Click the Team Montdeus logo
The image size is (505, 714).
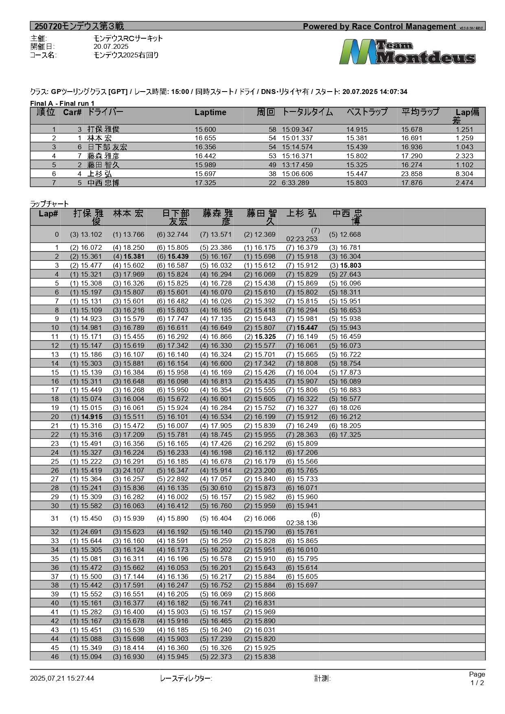[x=407, y=52]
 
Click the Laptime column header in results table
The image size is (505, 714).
[x=210, y=113]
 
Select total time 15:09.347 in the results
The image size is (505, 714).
[x=297, y=129]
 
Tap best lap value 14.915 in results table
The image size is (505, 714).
[x=357, y=129]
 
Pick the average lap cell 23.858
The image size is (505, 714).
[x=412, y=174]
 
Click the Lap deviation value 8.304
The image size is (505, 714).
[x=464, y=174]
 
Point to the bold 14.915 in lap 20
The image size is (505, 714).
[x=92, y=417]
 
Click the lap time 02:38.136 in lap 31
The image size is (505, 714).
[x=302, y=523]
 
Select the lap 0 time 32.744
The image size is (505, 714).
[x=177, y=234]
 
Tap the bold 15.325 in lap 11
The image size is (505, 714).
[x=265, y=336]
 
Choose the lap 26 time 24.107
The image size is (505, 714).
[x=134, y=470]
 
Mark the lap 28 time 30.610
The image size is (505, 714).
[x=221, y=488]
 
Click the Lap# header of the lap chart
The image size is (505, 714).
[x=48, y=214]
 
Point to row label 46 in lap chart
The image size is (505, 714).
[x=55, y=657]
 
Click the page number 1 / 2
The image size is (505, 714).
[x=477, y=683]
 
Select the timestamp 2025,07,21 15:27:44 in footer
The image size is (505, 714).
[x=62, y=678]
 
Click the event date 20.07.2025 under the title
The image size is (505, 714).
[x=111, y=47]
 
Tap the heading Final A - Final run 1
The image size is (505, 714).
[x=62, y=103]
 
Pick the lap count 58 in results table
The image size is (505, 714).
[x=272, y=129]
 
